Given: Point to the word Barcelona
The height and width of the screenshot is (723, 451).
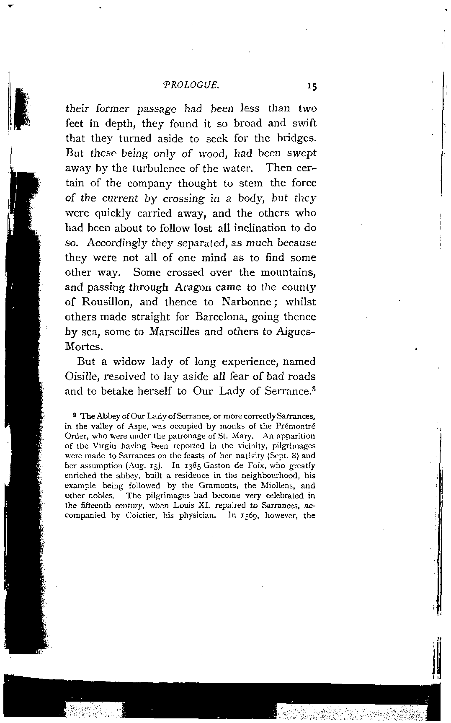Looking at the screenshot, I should [x=221, y=317].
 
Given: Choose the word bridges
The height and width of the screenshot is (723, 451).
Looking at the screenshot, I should [x=296, y=138].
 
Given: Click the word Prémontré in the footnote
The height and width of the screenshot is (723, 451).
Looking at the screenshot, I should [x=296, y=426].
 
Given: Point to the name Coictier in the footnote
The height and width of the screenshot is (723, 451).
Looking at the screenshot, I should [x=141, y=516].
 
